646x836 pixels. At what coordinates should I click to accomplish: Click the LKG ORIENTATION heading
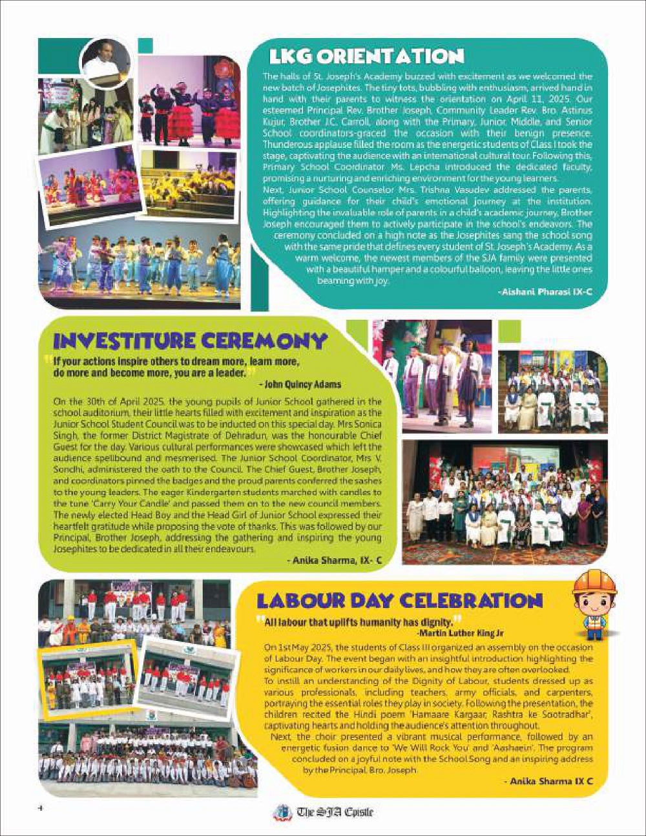[x=366, y=57]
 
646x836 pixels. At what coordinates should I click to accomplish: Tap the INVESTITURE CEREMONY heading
[x=190, y=340]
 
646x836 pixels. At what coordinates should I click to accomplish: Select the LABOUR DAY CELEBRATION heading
[x=399, y=601]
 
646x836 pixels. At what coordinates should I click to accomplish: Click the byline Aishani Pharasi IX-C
[x=545, y=292]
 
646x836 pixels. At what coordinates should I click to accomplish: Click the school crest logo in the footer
[x=282, y=812]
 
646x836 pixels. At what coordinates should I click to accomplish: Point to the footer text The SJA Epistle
[x=335, y=812]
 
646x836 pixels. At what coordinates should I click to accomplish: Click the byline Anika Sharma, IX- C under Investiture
[x=334, y=561]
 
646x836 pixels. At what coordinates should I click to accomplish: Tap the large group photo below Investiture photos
[x=505, y=502]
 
